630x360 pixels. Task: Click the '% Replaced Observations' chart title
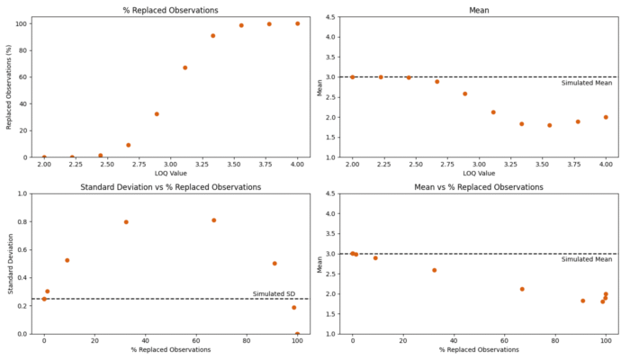pyautogui.click(x=169, y=10)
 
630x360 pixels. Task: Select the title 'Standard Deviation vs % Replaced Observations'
pyautogui.click(x=170, y=187)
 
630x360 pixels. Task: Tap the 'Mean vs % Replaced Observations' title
pyautogui.click(x=479, y=187)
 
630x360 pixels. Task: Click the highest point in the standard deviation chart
pyautogui.click(x=213, y=220)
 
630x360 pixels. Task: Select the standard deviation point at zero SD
pyautogui.click(x=297, y=333)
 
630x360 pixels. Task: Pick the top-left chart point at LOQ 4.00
pyautogui.click(x=297, y=23)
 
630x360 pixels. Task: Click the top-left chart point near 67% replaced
pyautogui.click(x=184, y=67)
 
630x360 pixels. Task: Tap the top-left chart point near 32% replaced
pyautogui.click(x=157, y=114)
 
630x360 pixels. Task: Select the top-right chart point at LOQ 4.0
pyautogui.click(x=606, y=117)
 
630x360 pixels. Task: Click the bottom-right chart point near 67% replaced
pyautogui.click(x=522, y=289)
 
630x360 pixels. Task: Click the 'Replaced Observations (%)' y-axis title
pyautogui.click(x=9, y=87)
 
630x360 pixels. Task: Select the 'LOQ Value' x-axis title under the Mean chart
pyautogui.click(x=479, y=174)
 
